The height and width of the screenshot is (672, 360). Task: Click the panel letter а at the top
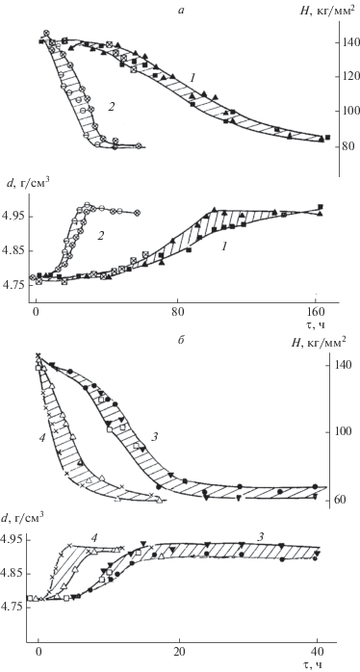point(182,12)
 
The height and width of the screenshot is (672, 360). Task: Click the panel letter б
point(181,344)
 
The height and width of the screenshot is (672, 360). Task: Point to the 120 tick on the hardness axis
point(348,77)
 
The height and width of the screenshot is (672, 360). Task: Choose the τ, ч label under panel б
point(319,667)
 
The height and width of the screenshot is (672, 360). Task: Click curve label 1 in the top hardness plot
point(193,78)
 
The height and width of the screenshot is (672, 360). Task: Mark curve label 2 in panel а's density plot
point(100,235)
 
